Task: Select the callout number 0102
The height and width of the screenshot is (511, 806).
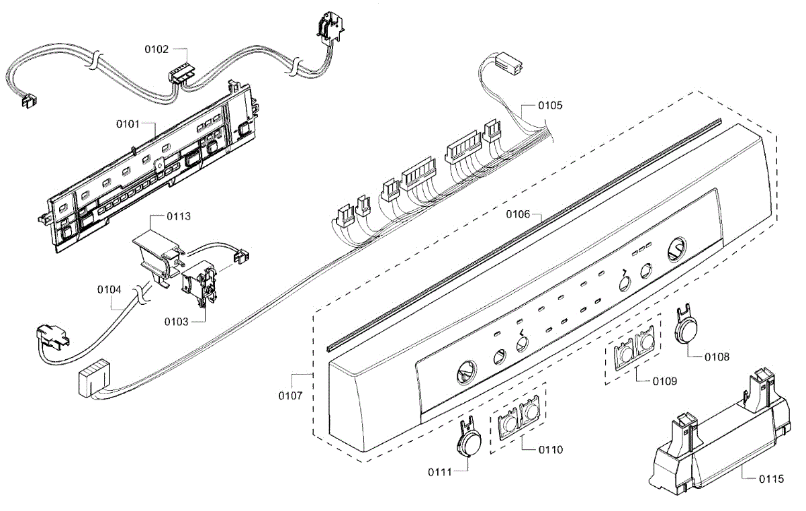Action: pos(156,49)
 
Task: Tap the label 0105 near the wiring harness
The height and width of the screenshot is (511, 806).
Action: pos(550,105)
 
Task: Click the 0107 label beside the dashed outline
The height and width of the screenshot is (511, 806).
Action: pos(289,396)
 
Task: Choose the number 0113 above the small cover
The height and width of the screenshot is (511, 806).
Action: pos(160,216)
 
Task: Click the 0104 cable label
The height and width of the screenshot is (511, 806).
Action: pos(109,289)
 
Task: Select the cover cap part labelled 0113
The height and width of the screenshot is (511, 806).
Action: pos(154,255)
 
